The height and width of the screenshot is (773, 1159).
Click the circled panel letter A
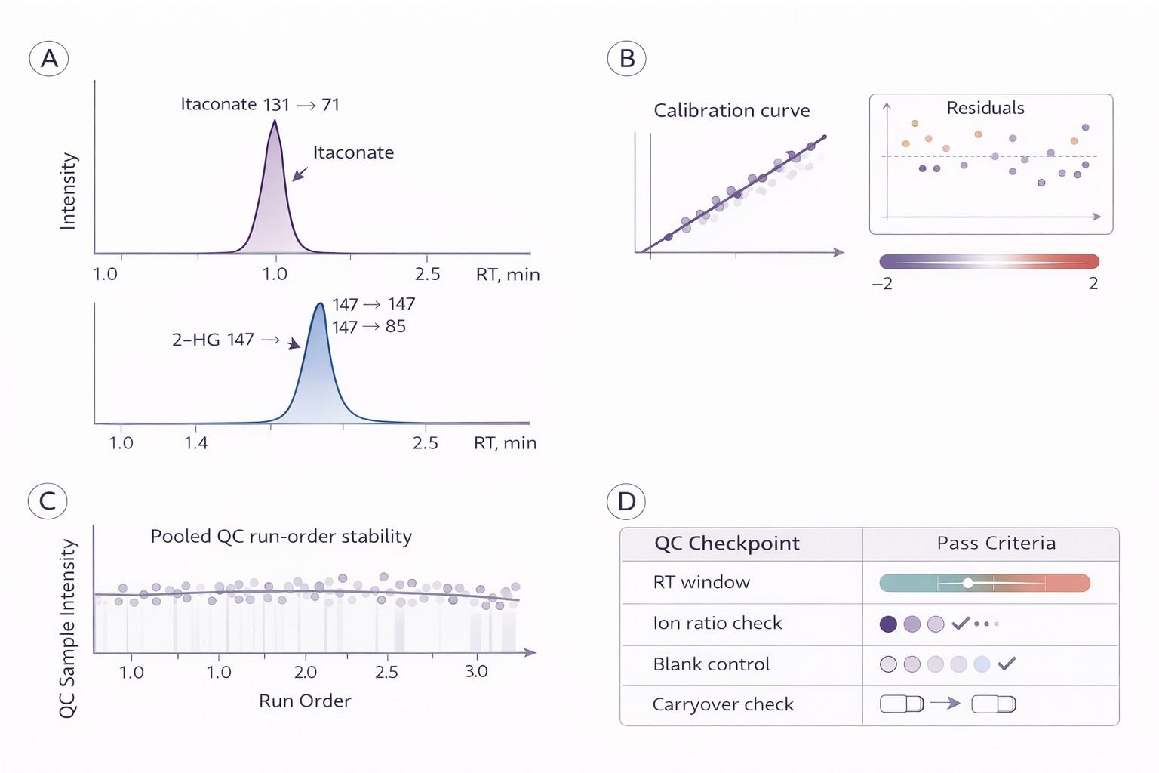coord(49,59)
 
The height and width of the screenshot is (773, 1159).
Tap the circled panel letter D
coord(626,502)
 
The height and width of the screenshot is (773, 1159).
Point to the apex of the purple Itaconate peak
coord(274,122)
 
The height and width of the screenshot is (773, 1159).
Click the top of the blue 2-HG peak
coord(320,304)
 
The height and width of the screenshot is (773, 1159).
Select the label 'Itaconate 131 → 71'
coord(260,105)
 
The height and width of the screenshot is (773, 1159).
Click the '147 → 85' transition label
coord(369,327)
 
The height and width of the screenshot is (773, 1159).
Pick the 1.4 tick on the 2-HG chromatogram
coord(195,443)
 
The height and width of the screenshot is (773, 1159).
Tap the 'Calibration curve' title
coord(731,111)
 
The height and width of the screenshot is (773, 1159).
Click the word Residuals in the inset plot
coord(985,108)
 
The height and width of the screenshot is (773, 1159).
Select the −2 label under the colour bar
coord(881,284)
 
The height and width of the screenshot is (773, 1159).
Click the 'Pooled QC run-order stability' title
coord(281,537)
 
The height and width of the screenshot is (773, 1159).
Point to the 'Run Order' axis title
coord(305,701)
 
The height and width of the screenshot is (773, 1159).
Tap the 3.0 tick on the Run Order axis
coord(476,672)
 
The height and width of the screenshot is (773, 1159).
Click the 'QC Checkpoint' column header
coord(727,544)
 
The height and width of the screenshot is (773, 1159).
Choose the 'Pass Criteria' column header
coord(996,544)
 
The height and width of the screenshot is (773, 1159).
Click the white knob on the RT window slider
coord(968,583)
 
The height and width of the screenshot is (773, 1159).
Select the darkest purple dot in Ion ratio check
coord(889,624)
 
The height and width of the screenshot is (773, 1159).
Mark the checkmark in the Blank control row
coord(1007,664)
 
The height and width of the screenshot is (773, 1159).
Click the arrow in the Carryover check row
coord(945,704)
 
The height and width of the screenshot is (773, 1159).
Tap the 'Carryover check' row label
coord(723,705)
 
